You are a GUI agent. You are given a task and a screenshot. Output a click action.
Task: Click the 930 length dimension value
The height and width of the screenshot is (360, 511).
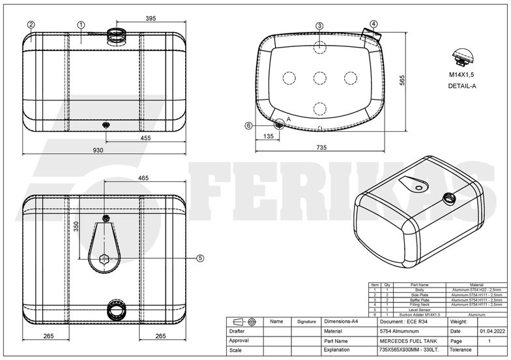click(x=98, y=150)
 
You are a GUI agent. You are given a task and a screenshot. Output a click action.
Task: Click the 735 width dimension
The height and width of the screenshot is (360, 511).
click(x=321, y=148)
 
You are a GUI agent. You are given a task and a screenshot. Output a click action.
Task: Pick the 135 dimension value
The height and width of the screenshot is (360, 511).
click(x=268, y=136)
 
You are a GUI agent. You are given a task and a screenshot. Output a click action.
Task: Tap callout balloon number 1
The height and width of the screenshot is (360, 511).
click(x=81, y=25)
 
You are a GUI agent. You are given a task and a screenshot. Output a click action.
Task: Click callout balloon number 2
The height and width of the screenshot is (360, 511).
click(x=31, y=25)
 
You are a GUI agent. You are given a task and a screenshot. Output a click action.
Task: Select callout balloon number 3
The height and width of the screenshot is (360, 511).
click(x=319, y=25)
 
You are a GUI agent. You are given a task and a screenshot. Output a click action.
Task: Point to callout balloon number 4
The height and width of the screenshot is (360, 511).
click(x=373, y=24)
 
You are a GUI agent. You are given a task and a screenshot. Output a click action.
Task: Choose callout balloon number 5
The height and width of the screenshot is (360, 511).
click(x=199, y=258)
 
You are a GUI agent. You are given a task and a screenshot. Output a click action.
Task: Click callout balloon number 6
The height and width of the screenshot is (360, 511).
click(x=248, y=126)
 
